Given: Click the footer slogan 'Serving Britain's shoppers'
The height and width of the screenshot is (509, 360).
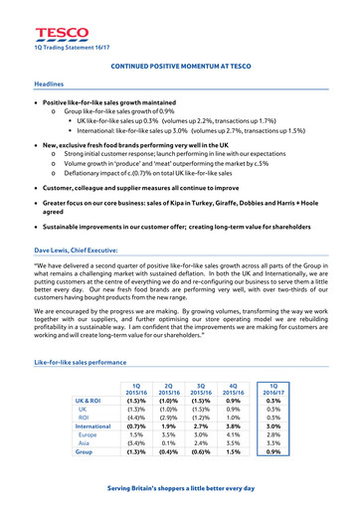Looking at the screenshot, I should (x=180, y=487).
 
